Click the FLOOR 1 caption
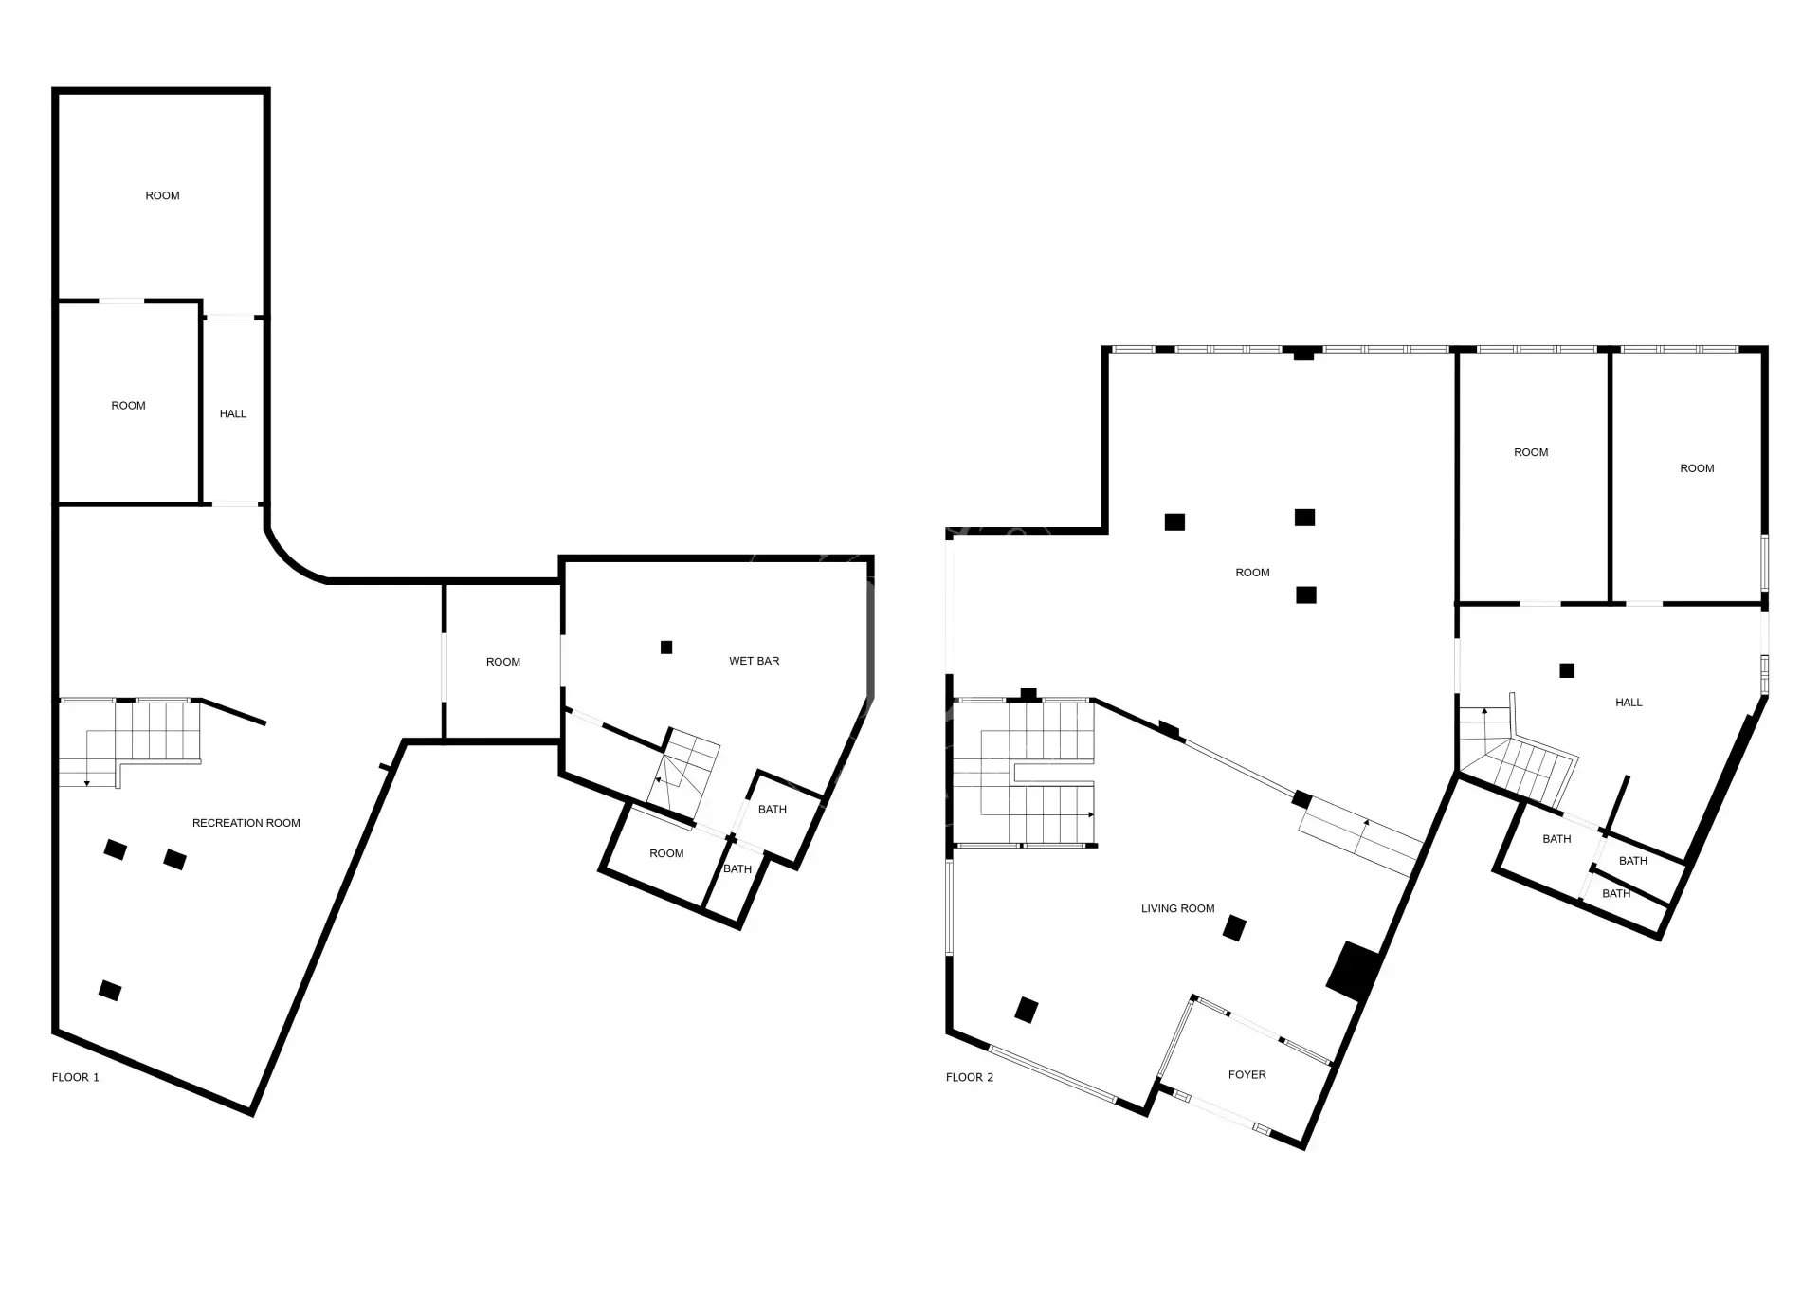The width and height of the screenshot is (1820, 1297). point(75,1077)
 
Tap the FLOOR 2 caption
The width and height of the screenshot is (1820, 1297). point(970,1077)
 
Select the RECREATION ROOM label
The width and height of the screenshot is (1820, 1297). point(246,823)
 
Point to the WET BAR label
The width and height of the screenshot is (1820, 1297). point(755,661)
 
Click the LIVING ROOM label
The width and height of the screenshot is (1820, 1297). point(1177,908)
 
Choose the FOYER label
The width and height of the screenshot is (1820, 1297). point(1247,1074)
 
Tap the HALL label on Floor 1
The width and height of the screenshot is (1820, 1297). point(233,413)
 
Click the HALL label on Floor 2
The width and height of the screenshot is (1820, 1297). point(1629,703)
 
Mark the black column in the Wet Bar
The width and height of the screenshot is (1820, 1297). point(666,648)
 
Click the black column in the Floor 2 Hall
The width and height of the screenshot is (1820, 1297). point(1567,670)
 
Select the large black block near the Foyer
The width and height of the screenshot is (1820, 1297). point(1354,972)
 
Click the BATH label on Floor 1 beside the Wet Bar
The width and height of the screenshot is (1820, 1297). point(773,810)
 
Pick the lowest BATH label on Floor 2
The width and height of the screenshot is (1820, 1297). point(1616,894)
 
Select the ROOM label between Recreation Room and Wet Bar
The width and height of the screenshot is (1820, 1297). point(503,662)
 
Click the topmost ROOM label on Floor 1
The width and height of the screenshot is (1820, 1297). point(162,195)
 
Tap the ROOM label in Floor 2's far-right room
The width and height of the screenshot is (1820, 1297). point(1697,468)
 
